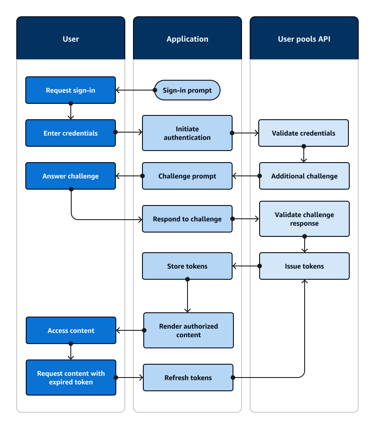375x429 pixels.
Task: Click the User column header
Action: coord(71,39)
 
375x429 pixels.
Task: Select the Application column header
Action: coord(187,39)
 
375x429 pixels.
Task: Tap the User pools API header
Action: coord(304,39)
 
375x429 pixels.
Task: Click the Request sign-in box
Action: coord(71,90)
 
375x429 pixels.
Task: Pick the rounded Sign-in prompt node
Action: coord(187,91)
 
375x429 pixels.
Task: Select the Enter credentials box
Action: coord(71,133)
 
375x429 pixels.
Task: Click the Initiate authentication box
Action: coord(187,133)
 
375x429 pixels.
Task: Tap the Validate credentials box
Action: coord(304,133)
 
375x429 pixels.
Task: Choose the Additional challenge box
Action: coord(304,176)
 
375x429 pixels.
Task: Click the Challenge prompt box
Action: coord(187,176)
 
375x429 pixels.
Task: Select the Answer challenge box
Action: coord(71,176)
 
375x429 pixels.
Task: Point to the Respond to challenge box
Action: coord(187,219)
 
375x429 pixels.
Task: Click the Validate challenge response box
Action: coord(304,219)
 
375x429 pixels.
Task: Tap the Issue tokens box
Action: coord(304,266)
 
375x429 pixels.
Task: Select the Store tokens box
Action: coord(187,266)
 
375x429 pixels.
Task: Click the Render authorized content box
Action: coord(188,330)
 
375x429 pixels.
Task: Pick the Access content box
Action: coord(71,330)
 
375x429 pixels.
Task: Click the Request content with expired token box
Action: coord(71,378)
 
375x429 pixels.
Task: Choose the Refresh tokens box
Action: coord(188,378)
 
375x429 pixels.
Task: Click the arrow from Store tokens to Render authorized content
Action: coord(187,296)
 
